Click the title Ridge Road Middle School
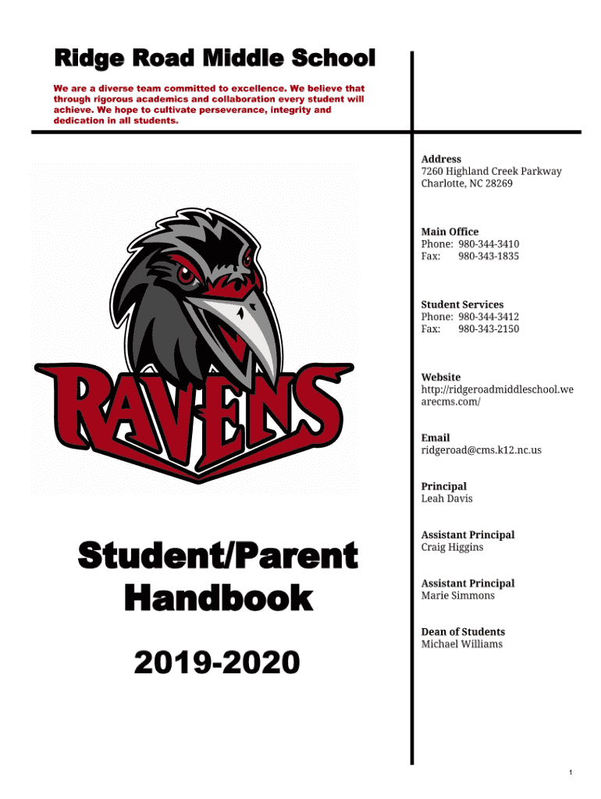coord(214,59)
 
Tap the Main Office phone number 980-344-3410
coord(489,244)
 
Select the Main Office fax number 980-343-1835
coord(489,256)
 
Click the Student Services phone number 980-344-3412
coord(489,317)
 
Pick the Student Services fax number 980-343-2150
coord(489,328)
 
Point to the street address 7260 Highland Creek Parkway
coord(491,172)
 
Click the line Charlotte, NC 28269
coord(467,183)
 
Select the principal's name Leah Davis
coord(446,499)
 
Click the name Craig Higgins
coord(452,547)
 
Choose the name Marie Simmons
coord(457,595)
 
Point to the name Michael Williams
coord(461,644)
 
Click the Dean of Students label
coord(463,632)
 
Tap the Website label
coord(441,377)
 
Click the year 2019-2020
coord(217,663)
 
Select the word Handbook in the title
coord(218,599)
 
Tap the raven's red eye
coord(186,275)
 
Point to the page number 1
coord(571,773)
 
